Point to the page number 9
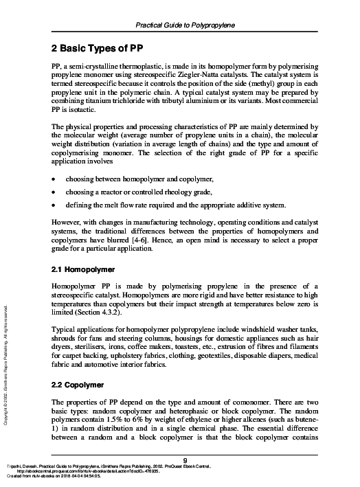click(185, 460)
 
